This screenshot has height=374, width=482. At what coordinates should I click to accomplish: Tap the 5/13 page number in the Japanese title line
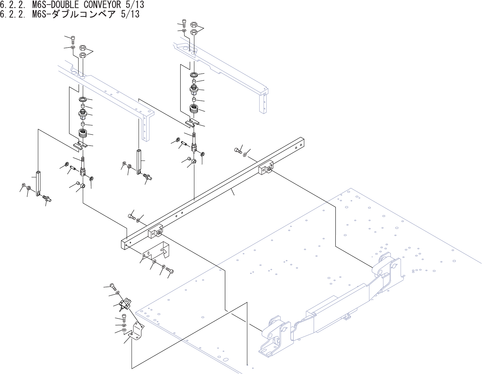[129, 14]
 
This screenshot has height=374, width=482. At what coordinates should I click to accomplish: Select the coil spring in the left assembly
[83, 134]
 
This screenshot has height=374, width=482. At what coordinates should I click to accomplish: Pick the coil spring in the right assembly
[194, 109]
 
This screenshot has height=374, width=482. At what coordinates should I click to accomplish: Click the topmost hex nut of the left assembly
[83, 48]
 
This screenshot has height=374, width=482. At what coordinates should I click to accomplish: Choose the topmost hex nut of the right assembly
[194, 25]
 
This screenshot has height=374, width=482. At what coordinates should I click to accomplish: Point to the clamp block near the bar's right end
[266, 168]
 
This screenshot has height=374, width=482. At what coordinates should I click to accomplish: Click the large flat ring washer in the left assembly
[83, 99]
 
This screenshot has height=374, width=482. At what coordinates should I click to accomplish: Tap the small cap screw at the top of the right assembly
[184, 23]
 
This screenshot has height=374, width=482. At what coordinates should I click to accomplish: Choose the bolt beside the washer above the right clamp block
[237, 151]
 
